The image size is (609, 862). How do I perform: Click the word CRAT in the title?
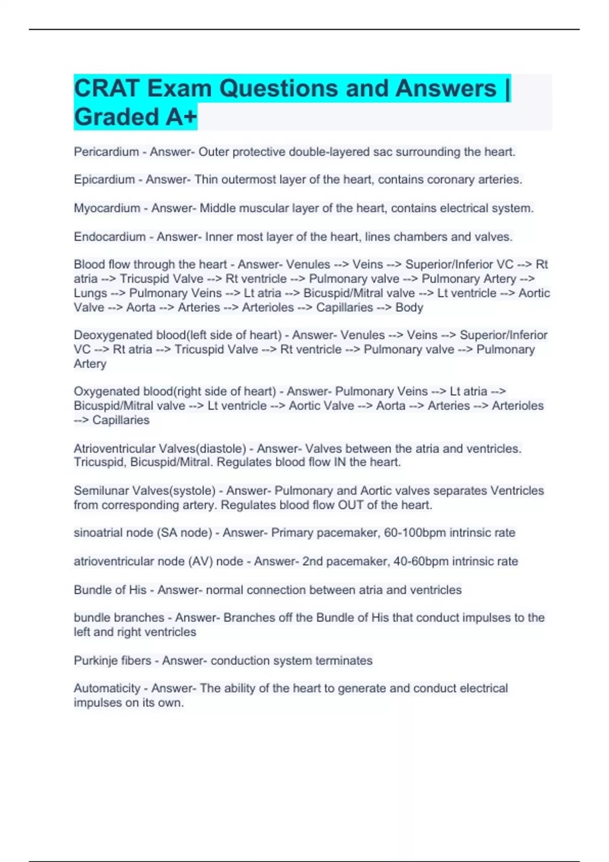[107, 89]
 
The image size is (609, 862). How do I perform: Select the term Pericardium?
[106, 152]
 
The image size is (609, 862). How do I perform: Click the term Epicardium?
[104, 179]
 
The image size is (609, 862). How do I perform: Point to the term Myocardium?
[107, 208]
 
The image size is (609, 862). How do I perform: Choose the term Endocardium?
[109, 237]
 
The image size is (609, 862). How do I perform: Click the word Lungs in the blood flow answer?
[90, 293]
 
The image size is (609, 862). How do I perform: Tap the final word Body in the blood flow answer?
[409, 307]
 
